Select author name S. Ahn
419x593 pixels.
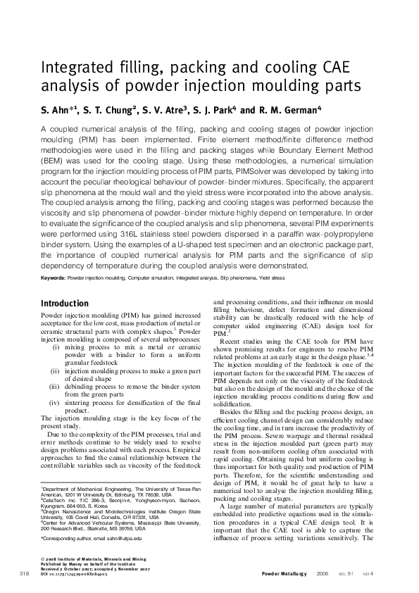[x=58, y=111]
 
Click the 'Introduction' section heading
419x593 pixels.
[x=70, y=303]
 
